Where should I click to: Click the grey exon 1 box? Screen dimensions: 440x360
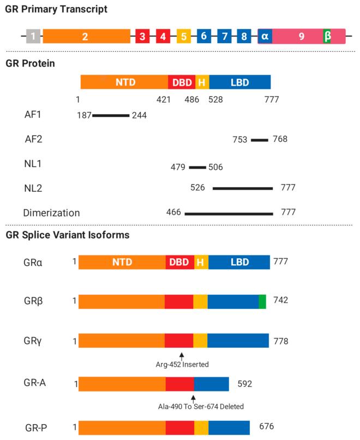pos(33,37)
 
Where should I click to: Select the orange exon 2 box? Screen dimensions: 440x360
pos(86,37)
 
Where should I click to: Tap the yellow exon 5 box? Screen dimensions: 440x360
pos(183,37)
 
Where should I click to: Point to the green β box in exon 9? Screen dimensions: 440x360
pos(327,37)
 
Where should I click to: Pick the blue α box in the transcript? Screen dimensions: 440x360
pos(265,37)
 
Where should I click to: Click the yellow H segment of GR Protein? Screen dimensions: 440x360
pos(202,82)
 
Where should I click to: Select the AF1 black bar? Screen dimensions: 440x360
pos(111,116)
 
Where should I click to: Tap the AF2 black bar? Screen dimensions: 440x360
pos(260,140)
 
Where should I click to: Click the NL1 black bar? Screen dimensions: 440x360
pos(197,168)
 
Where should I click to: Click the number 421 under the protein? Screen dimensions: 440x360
pos(164,100)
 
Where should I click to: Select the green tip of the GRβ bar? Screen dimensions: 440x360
pos(262,301)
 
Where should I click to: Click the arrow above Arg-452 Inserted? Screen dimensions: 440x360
pos(181,355)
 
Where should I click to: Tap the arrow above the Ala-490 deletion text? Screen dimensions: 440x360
pos(193,397)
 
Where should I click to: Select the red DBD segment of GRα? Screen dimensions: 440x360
pos(179,262)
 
